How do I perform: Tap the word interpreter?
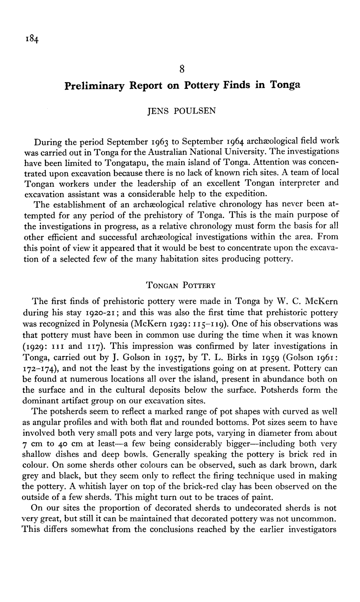click(301, 183)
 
